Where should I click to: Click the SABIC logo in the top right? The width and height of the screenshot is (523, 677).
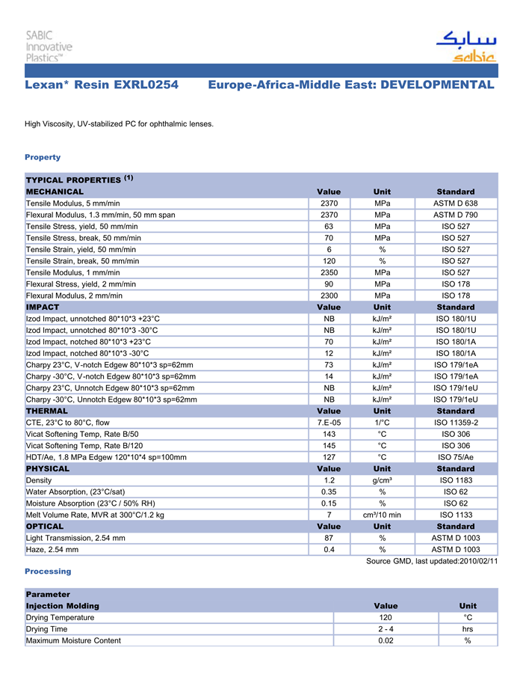[x=465, y=46]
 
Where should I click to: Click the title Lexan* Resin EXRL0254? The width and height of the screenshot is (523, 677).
[x=102, y=85]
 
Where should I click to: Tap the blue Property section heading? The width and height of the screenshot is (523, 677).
[x=43, y=157]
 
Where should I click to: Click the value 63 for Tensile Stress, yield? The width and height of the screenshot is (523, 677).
[x=329, y=227]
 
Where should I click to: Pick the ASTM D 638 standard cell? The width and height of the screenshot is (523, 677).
[x=456, y=203]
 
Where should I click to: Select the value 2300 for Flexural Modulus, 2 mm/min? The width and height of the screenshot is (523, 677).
[x=329, y=295]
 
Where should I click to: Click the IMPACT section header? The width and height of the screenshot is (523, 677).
[x=43, y=307]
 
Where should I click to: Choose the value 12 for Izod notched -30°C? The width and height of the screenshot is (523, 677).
[x=329, y=353]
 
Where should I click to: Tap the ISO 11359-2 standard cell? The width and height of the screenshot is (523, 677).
[x=456, y=423]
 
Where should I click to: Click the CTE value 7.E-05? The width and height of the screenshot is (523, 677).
[x=329, y=423]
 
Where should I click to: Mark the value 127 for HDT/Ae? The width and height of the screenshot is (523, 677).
[x=329, y=457]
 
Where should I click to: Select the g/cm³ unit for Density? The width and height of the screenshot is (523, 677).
[x=382, y=480]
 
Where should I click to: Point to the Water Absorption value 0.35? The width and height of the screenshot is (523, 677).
[x=329, y=491]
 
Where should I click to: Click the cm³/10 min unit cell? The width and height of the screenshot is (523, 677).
[x=382, y=515]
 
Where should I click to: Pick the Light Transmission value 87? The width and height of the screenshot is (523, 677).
[x=329, y=538]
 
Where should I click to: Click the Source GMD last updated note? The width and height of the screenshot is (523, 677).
[x=432, y=561]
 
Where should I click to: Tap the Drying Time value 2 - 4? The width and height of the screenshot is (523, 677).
[x=386, y=629]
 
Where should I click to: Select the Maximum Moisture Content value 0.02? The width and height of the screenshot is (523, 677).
[x=386, y=640]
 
